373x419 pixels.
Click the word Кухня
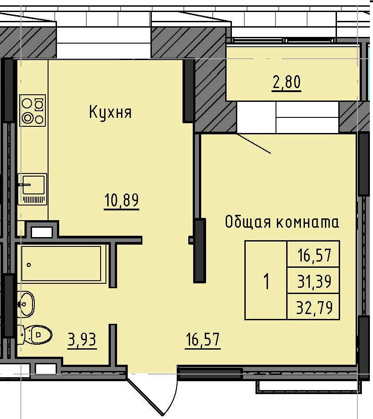[x=110, y=112]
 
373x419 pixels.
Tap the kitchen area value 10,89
[x=122, y=201]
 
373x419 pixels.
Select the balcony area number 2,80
[x=287, y=83]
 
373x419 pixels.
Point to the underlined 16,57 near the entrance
[x=203, y=341]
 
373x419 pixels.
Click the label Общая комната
[x=282, y=222]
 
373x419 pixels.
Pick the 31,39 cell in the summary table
[x=314, y=281]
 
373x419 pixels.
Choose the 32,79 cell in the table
[x=314, y=307]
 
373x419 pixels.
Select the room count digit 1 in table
[x=266, y=282]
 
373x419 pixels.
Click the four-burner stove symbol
[x=32, y=110]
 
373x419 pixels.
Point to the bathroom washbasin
[x=27, y=304]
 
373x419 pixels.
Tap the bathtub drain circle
[x=29, y=265]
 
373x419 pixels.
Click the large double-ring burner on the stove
[x=28, y=118]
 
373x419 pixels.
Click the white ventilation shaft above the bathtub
[x=42, y=232]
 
